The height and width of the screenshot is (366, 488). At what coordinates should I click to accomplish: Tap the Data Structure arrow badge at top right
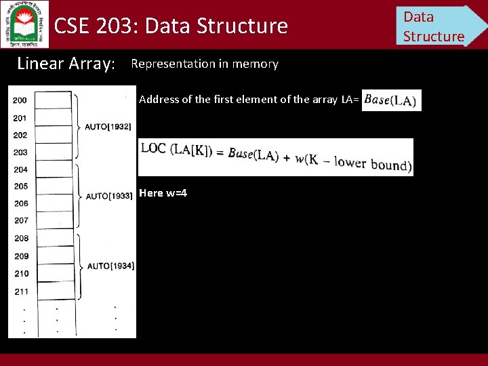pos(437,26)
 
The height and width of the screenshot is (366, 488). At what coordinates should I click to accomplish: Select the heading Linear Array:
pos(66,64)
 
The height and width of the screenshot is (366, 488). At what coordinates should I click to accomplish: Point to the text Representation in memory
pos(204,64)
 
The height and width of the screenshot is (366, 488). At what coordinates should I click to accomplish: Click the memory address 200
pos(20,100)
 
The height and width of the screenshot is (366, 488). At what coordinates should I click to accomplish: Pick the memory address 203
pos(20,152)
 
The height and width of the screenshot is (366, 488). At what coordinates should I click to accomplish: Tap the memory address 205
pos(20,186)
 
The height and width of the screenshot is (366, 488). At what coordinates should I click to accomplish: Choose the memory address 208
pos(20,239)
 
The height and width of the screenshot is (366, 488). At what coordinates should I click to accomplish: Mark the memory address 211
pos(20,291)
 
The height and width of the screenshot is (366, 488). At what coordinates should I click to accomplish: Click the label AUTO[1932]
pos(108,127)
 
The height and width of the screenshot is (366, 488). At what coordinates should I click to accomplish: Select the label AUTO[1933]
pos(108,196)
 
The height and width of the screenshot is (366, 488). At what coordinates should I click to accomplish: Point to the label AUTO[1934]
pos(110,266)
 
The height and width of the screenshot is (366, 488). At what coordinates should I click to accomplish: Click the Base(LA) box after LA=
pos(391,100)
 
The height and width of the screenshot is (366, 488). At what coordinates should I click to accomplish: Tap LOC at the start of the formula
pos(154,149)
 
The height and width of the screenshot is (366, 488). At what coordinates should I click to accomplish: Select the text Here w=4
pos(163,193)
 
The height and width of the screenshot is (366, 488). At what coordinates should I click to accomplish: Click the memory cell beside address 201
pos(54,118)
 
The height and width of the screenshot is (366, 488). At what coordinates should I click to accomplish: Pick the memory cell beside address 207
pos(54,220)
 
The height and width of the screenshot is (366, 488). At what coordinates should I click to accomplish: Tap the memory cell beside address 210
pos(54,273)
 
